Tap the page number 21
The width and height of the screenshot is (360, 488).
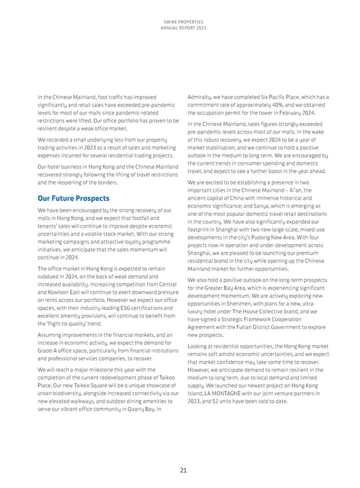pos(180,471)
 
